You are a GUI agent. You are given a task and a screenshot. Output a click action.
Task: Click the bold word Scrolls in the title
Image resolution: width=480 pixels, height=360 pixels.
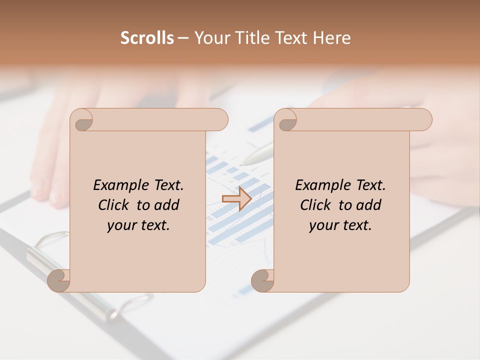tap(147, 38)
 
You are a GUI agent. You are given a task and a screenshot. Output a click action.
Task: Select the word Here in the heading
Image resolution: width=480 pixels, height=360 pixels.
tap(331, 38)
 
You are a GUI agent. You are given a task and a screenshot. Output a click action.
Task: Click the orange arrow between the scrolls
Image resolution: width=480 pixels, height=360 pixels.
tap(236, 198)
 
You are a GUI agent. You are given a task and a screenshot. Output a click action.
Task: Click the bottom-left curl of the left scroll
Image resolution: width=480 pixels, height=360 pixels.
tap(59, 280)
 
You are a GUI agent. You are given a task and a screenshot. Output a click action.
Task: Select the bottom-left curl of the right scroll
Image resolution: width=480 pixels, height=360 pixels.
tap(262, 280)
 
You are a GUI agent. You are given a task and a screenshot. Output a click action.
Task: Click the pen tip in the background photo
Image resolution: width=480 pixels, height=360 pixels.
tap(243, 163)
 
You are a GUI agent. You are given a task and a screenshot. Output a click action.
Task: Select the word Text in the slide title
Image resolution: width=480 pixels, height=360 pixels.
tap(290, 38)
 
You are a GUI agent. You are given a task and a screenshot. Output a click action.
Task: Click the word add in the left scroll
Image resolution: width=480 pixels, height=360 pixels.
tap(167, 205)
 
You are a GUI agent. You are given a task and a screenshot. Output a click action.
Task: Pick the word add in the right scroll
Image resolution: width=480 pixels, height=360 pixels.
tap(369, 205)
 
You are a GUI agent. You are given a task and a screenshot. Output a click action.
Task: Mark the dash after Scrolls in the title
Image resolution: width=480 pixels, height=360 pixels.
tap(183, 38)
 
